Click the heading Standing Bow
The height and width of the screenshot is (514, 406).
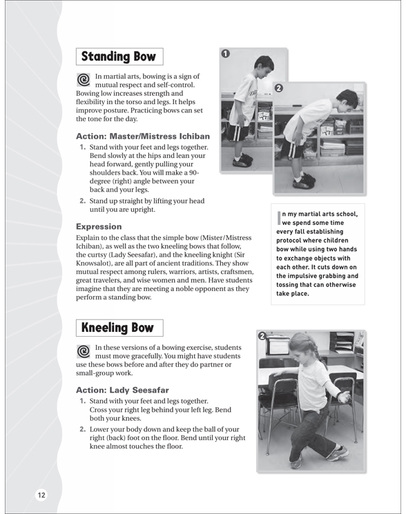(118, 57)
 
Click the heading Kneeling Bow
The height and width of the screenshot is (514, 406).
(117, 328)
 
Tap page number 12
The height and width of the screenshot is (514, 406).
(41, 495)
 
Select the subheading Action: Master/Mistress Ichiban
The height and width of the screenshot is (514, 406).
(143, 136)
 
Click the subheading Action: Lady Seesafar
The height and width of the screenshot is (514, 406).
(122, 390)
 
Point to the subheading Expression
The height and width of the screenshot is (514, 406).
(99, 226)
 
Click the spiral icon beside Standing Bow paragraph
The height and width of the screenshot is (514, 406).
(84, 79)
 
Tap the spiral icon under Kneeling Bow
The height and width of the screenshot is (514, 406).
(84, 351)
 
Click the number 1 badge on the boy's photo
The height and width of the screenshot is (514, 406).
(226, 53)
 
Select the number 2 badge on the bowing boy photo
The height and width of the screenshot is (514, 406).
(279, 88)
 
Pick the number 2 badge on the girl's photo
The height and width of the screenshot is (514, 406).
(262, 336)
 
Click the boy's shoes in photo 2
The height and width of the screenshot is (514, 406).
(304, 181)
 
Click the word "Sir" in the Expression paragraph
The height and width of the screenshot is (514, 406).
(240, 255)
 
